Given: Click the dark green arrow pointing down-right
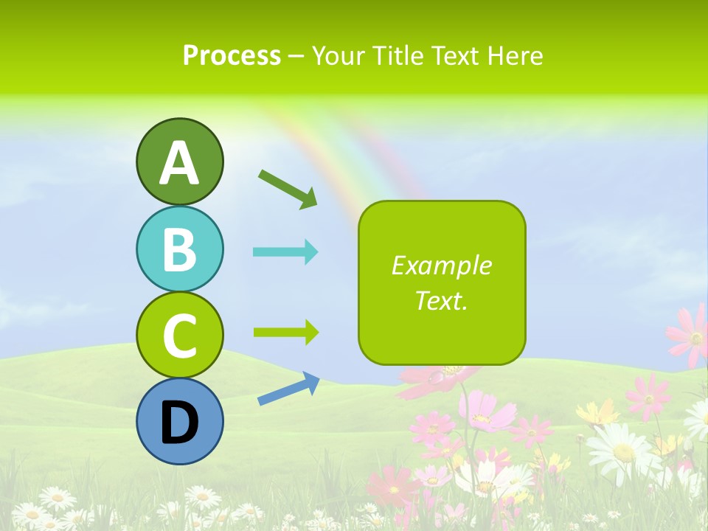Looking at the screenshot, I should pos(288,189).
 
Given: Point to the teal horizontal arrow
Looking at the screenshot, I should pos(285,251).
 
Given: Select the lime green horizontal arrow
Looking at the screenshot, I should pos(285,332).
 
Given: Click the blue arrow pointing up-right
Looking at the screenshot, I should pos(288,389).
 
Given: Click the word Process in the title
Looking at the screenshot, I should pos(232,55).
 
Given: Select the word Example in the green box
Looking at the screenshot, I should pos(441,265).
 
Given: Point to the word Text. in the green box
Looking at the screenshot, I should pos(441,300).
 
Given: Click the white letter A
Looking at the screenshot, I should pos(179,164).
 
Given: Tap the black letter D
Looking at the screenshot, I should pos(179,423).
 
